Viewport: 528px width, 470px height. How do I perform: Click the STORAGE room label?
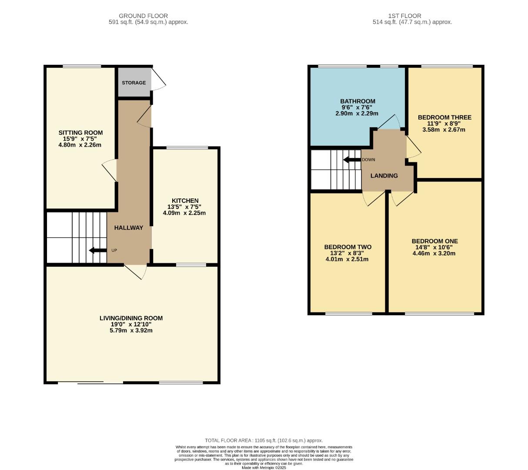134,83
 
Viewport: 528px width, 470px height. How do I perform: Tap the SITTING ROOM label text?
80,133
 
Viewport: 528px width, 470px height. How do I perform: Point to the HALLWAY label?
129,228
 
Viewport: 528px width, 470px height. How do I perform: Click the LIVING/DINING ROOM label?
131,318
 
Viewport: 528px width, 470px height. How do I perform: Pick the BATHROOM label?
358,101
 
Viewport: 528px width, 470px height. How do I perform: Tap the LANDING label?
384,176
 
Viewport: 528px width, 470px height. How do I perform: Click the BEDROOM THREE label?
444,117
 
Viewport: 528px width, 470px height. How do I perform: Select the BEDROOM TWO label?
348,247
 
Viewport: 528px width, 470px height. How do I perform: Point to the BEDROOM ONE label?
434,241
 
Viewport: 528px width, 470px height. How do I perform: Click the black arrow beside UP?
97,250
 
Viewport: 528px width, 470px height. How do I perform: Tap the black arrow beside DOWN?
352,160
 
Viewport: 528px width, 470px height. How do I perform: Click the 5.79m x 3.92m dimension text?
131,330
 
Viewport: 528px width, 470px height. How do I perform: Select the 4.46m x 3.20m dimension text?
434,253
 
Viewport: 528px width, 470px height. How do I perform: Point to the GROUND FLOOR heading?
143,16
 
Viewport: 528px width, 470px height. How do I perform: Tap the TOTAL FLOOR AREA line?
264,440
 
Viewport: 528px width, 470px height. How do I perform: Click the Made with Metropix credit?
264,467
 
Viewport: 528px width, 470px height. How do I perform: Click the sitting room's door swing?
110,171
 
